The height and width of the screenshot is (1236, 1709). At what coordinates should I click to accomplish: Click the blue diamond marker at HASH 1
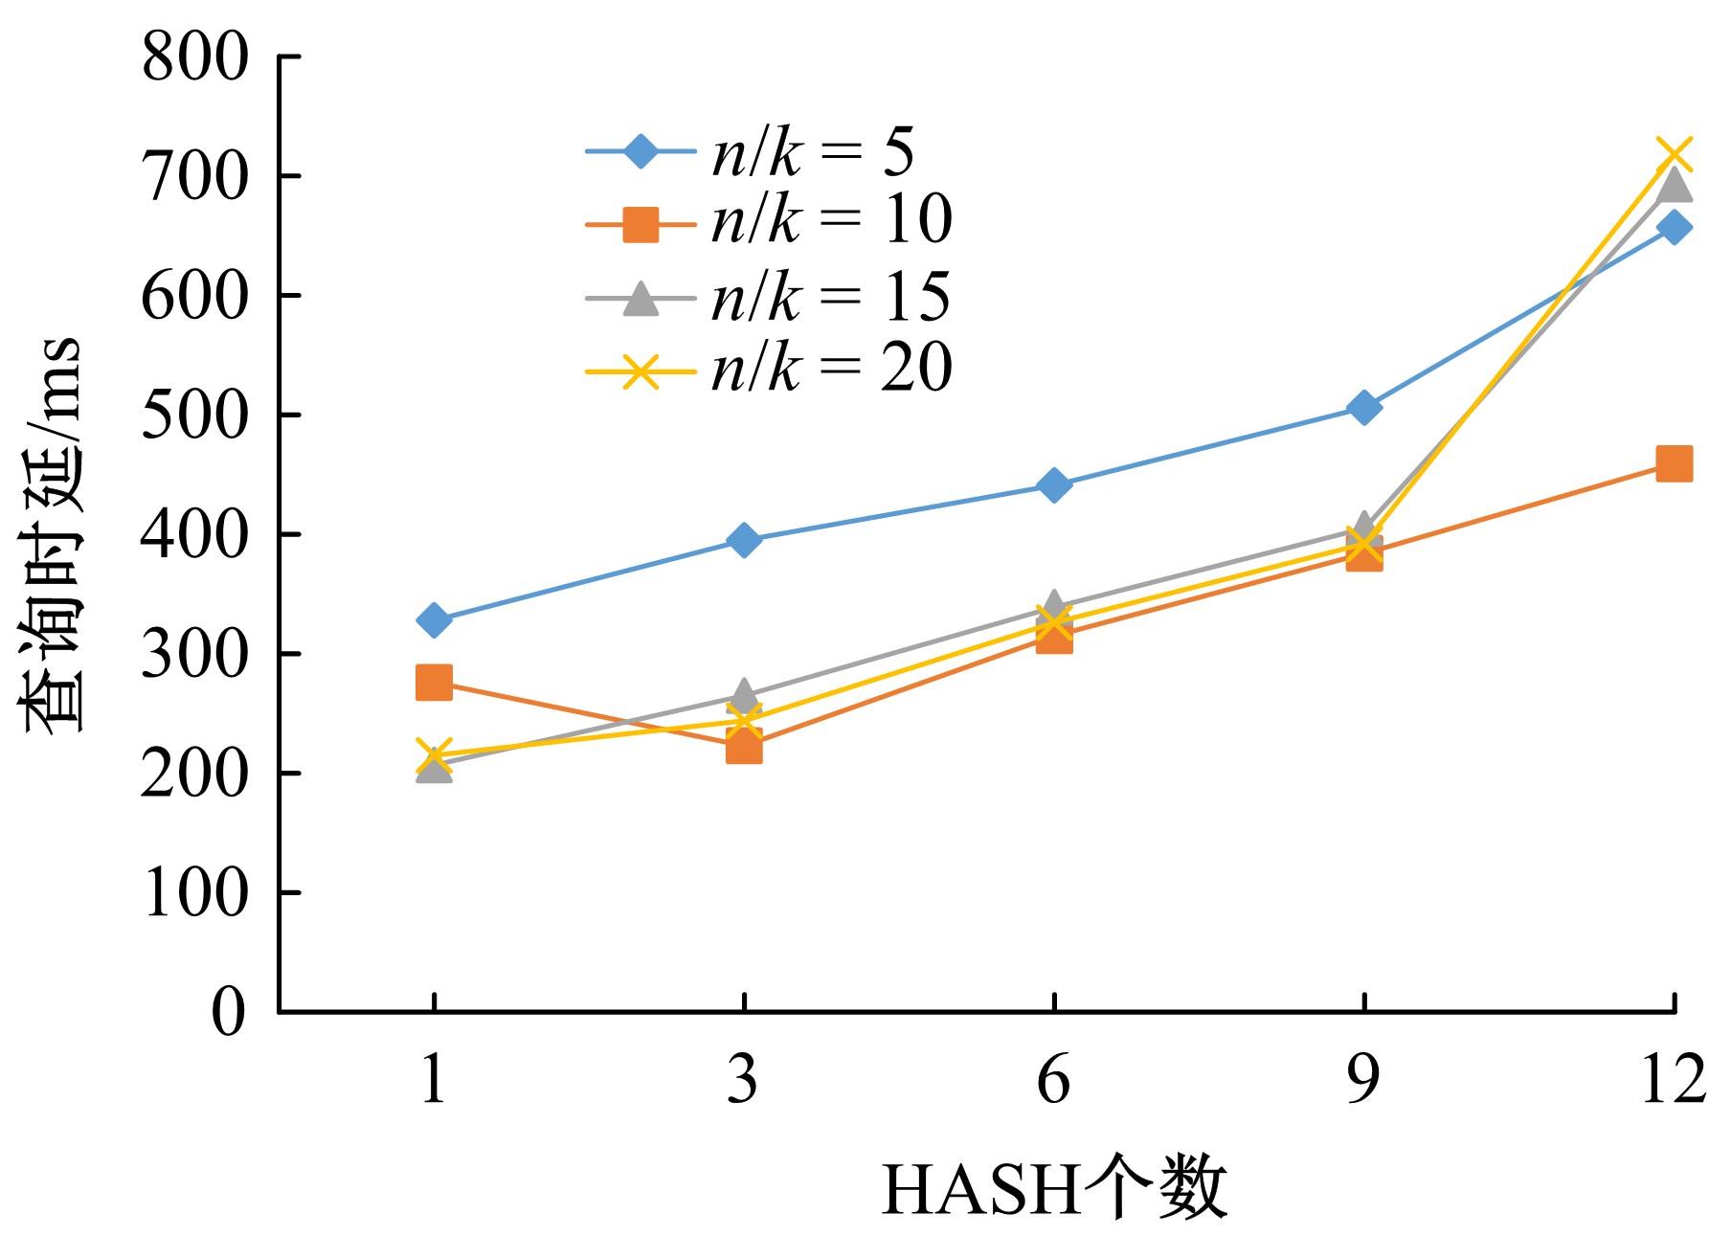click(x=434, y=619)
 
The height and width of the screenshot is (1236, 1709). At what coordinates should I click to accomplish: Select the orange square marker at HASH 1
click(x=434, y=683)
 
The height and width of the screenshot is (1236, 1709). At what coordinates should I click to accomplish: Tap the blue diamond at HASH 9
click(x=1363, y=408)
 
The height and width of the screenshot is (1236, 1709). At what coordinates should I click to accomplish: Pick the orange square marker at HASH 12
click(x=1673, y=464)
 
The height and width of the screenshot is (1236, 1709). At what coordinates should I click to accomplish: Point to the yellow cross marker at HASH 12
click(x=1674, y=154)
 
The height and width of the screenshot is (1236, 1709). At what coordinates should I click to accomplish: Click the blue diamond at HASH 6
click(x=1053, y=485)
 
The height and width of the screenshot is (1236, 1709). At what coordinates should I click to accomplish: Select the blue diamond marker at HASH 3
click(x=744, y=540)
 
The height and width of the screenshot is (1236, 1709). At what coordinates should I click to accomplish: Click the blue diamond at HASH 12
click(x=1674, y=228)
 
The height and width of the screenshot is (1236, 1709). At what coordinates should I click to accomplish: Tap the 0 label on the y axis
click(x=228, y=1012)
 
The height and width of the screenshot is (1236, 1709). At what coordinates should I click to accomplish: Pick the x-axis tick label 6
click(x=1053, y=1080)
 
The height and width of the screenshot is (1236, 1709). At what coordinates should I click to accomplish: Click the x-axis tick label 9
click(x=1363, y=1080)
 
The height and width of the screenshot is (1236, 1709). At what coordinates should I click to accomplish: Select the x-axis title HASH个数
click(x=1053, y=1188)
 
